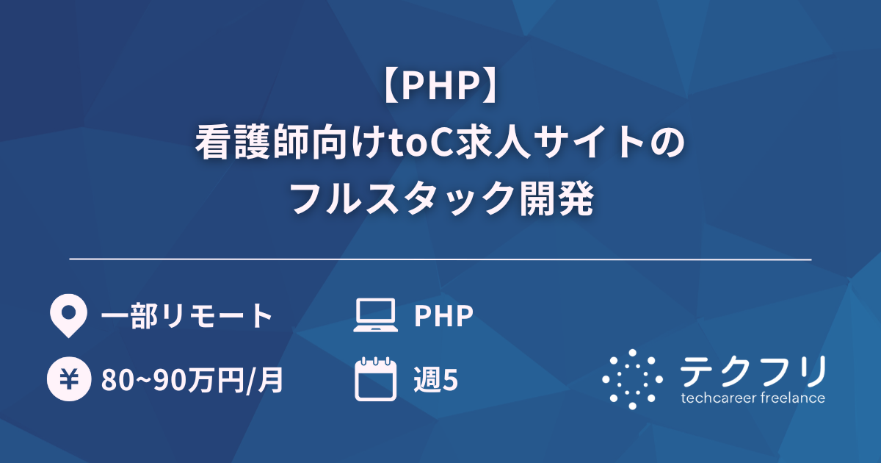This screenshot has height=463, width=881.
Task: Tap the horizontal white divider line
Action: pos(440,259)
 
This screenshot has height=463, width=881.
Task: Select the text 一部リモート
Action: pos(186,317)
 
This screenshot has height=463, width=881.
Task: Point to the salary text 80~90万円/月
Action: pos(192,381)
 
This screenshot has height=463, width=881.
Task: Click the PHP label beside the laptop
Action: pos(443,317)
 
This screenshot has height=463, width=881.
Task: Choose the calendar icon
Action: pos(375,379)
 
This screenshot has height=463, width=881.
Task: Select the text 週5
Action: pos(436,381)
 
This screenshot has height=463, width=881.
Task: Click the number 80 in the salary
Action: pos(115,381)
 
